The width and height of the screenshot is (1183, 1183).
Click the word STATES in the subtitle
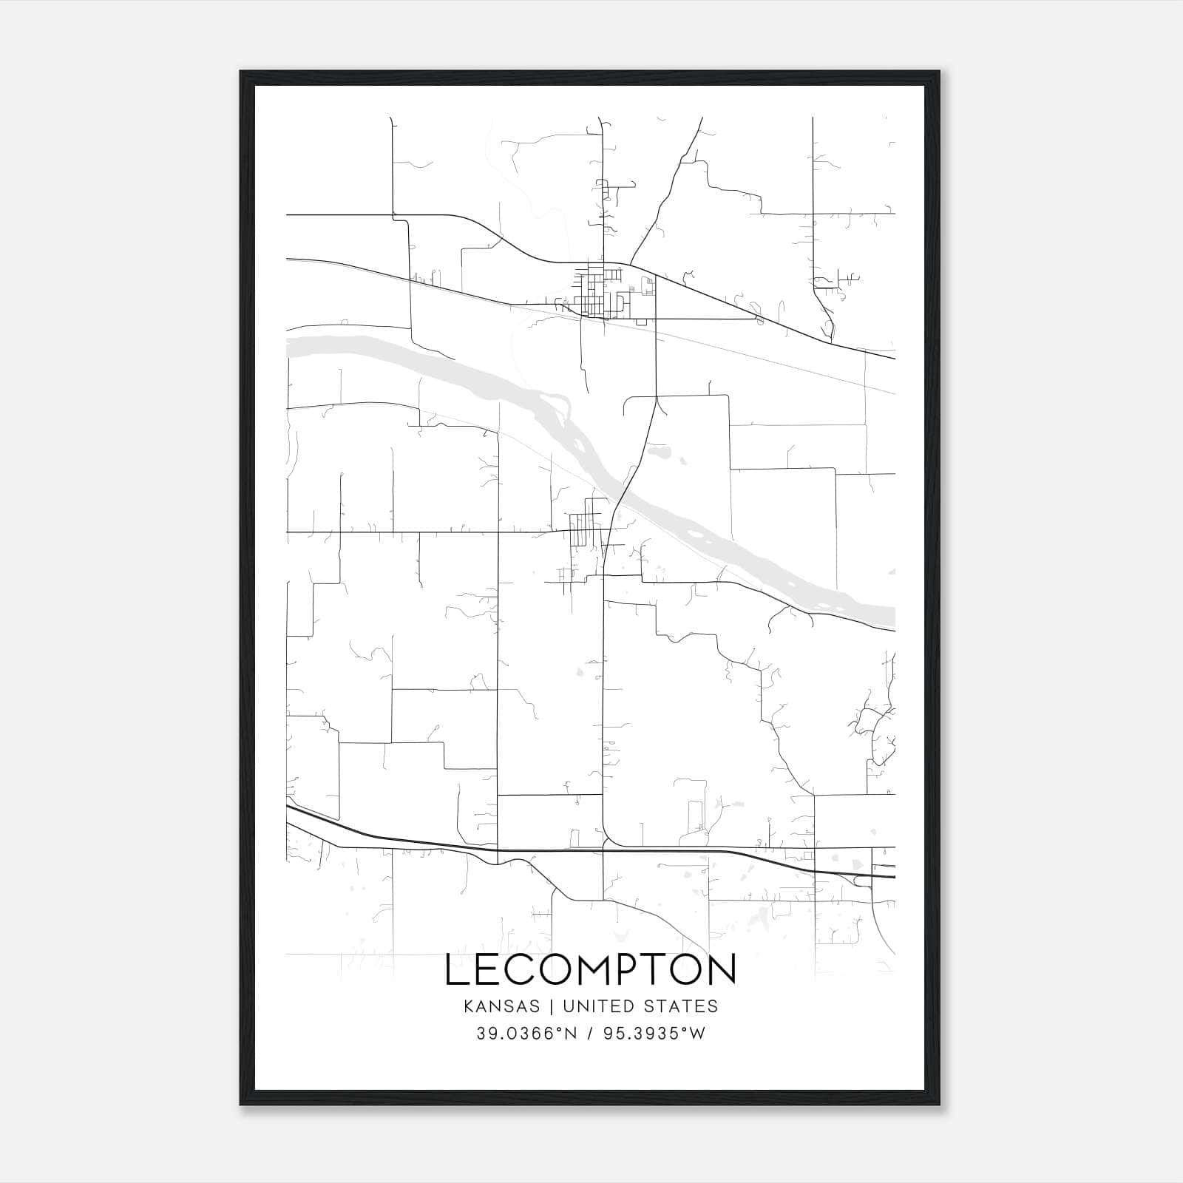point(689,1006)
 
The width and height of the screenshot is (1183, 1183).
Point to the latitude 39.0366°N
point(526,1034)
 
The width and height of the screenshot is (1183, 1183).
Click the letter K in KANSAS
point(469,1006)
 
